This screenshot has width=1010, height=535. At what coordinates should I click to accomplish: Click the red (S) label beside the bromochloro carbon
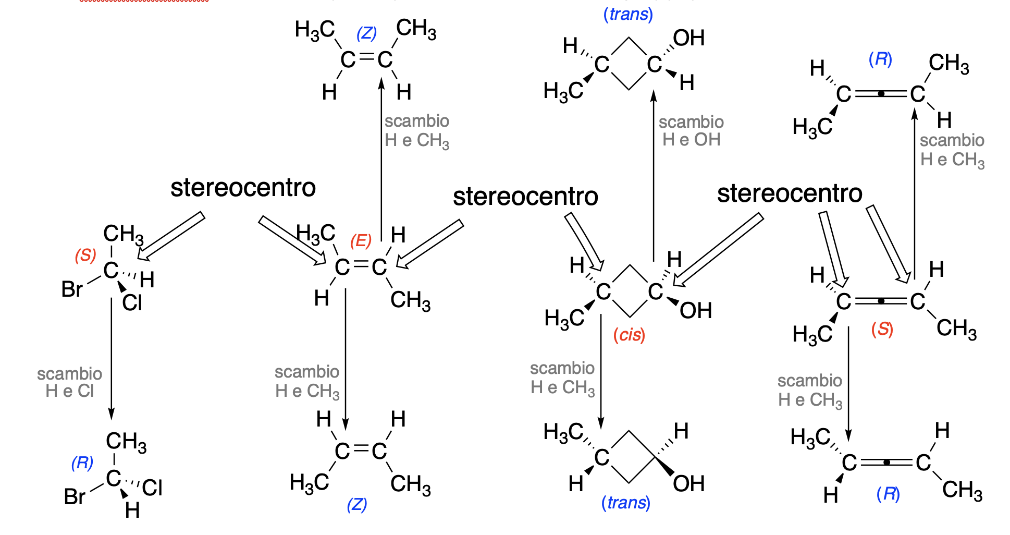85,255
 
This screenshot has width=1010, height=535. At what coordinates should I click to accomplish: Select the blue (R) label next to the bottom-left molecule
82,463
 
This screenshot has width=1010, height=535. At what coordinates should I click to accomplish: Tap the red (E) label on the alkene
361,240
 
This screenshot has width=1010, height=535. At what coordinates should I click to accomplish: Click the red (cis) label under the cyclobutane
629,335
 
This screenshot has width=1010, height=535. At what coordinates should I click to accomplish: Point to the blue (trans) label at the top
628,14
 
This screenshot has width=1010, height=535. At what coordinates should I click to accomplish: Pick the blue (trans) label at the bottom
625,503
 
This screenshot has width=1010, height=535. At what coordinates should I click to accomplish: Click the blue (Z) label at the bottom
357,504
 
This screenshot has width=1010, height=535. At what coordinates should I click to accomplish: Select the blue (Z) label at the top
366,33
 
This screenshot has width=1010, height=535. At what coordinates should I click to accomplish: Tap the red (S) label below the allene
882,329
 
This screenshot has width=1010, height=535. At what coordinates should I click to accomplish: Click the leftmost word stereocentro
243,188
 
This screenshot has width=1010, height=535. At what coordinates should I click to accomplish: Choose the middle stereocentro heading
525,197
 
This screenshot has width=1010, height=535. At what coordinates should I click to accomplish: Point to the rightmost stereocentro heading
790,193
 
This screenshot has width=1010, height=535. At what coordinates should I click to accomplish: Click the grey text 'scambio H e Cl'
70,382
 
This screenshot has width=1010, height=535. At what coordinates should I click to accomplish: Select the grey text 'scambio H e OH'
691,131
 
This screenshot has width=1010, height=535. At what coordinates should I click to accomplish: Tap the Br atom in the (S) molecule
72,289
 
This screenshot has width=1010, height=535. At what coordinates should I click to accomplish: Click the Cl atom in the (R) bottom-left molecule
152,488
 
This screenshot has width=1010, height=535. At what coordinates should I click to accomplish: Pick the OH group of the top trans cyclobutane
688,38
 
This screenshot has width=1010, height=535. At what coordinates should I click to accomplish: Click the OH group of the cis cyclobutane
696,311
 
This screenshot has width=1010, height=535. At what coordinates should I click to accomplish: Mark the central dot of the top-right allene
881,94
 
